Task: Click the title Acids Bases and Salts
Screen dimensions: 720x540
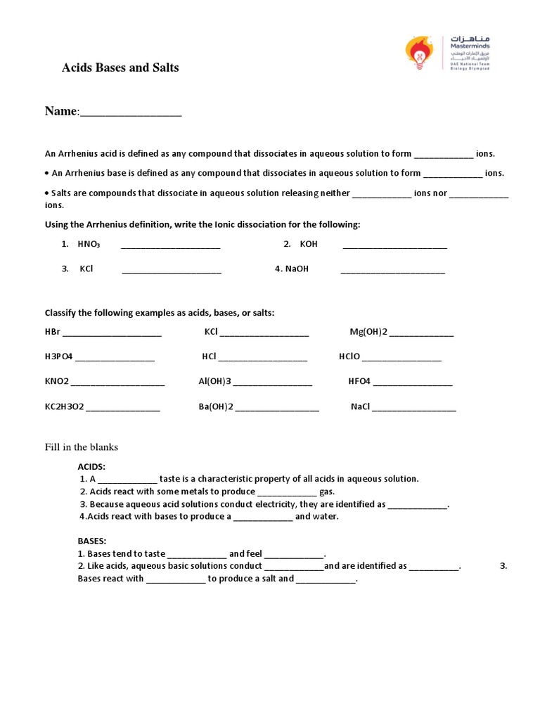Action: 120,68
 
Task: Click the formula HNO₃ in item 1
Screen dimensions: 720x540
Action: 89,244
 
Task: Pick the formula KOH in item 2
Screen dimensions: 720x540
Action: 309,244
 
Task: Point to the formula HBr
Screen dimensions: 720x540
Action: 52,332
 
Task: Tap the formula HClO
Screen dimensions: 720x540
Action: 349,356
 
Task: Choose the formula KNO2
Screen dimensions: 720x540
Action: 57,382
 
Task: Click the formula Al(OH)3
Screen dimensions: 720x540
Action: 215,382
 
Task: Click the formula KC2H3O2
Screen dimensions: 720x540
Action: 64,407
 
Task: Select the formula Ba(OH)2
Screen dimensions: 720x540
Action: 216,407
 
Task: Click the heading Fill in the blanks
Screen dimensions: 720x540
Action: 82,447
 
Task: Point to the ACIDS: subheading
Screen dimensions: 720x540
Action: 91,466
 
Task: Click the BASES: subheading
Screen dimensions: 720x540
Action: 92,541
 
